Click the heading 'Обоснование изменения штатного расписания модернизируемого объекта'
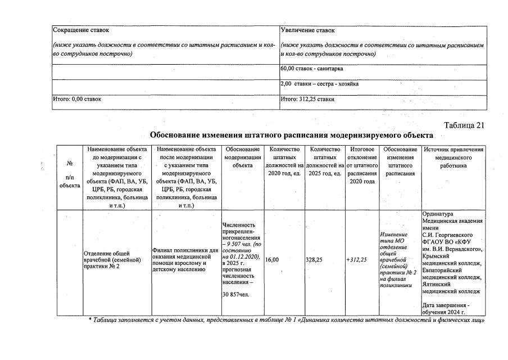(x=292, y=136)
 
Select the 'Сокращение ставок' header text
(x=81, y=30)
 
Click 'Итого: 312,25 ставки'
(x=307, y=99)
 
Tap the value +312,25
(x=356, y=260)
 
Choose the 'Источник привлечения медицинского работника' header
(x=453, y=157)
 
